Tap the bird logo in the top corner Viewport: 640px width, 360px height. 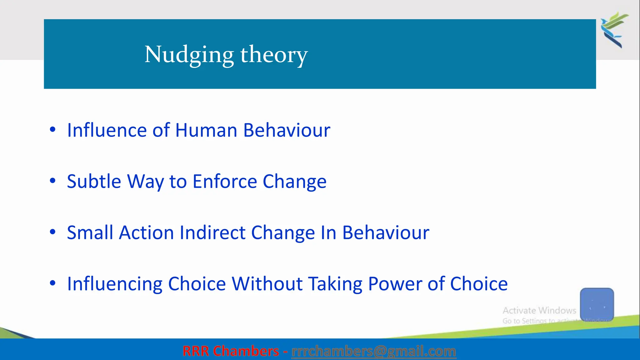pos(614,30)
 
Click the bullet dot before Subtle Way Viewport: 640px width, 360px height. pos(52,181)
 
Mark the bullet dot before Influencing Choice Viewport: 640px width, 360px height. pos(52,283)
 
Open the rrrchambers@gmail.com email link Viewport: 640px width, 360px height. pos(373,351)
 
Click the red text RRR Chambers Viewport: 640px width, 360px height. pos(231,351)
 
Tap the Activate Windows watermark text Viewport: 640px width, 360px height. pos(539,310)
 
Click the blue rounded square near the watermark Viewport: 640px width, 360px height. pos(597,304)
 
